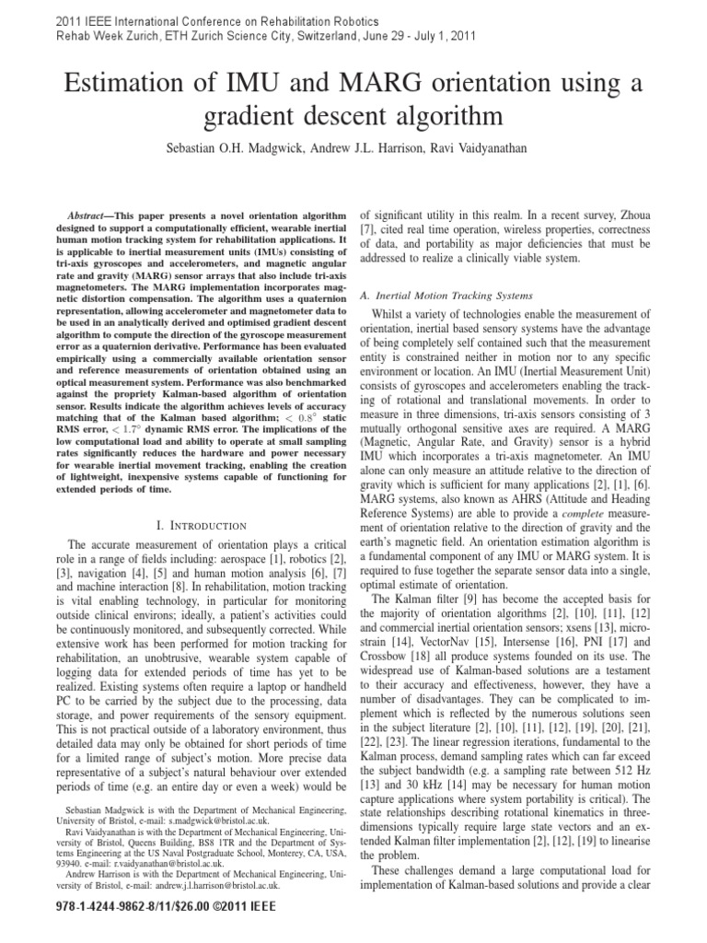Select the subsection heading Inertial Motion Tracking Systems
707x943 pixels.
click(446, 296)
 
